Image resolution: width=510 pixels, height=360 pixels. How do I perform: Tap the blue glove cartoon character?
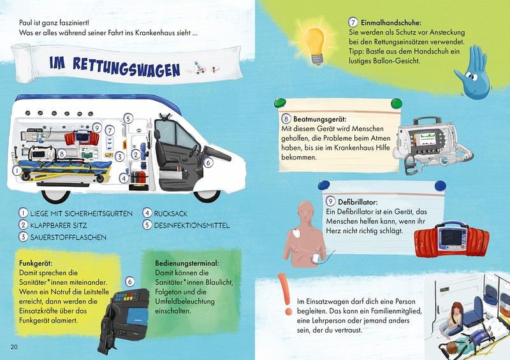(x=474, y=73)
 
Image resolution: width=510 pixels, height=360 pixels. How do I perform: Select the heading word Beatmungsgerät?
(x=320, y=119)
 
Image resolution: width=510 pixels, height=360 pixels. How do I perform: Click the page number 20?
(x=14, y=347)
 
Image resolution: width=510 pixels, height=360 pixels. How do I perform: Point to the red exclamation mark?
(x=286, y=294)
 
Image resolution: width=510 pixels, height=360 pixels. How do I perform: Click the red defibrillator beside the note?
(x=452, y=239)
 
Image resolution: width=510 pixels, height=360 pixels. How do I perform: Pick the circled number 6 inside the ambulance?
(x=208, y=162)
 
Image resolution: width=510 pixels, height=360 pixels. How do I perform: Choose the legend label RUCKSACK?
(x=170, y=213)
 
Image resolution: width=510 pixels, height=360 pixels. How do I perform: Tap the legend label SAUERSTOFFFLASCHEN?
(x=68, y=237)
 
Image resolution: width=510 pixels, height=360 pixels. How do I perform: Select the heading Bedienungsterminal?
(x=187, y=263)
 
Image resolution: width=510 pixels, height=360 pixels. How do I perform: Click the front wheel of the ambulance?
(x=207, y=195)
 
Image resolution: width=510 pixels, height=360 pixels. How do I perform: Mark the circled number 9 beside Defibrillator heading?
(x=330, y=201)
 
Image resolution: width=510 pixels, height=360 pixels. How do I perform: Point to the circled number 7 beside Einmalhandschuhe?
(x=353, y=22)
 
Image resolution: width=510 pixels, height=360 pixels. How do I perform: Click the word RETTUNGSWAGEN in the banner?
(x=126, y=67)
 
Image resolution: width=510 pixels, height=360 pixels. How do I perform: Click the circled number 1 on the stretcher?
(x=17, y=170)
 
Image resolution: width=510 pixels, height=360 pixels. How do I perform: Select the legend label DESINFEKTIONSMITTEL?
(x=192, y=226)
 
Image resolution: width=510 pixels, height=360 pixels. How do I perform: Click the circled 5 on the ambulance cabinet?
(x=128, y=119)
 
